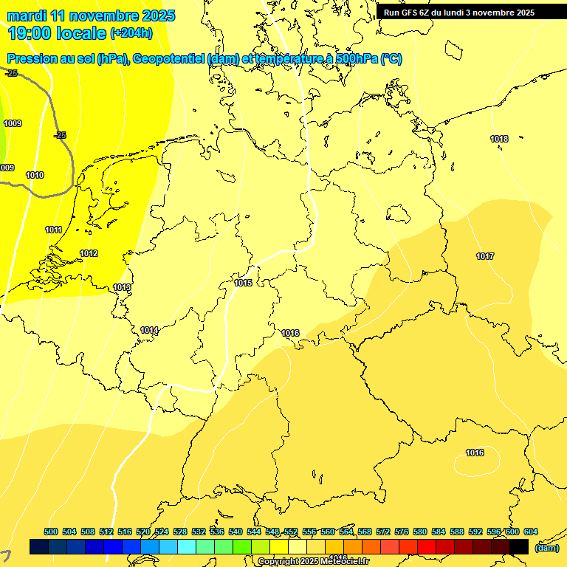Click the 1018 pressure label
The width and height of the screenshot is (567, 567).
[x=499, y=139]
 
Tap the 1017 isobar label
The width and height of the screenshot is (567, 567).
[x=485, y=256]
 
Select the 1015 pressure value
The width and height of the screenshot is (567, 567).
[x=243, y=283]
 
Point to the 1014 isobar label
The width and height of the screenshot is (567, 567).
[x=149, y=330]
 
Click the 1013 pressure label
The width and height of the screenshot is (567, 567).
[x=122, y=287]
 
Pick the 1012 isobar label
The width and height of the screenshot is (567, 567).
[x=89, y=253]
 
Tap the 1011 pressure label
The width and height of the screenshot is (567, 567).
[x=53, y=230]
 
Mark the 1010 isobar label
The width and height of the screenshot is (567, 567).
[x=35, y=175]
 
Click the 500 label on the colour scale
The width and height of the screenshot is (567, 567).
[x=51, y=532]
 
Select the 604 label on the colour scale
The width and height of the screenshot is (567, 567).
[x=531, y=532]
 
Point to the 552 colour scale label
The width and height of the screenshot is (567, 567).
[x=291, y=532]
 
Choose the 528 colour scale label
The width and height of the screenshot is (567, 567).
[x=180, y=532]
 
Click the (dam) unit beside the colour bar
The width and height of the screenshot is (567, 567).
[x=546, y=547]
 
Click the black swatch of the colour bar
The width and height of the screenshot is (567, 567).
[x=519, y=546]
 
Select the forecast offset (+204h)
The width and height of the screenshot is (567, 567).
[x=131, y=32]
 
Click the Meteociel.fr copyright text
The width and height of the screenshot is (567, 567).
[x=313, y=562]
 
